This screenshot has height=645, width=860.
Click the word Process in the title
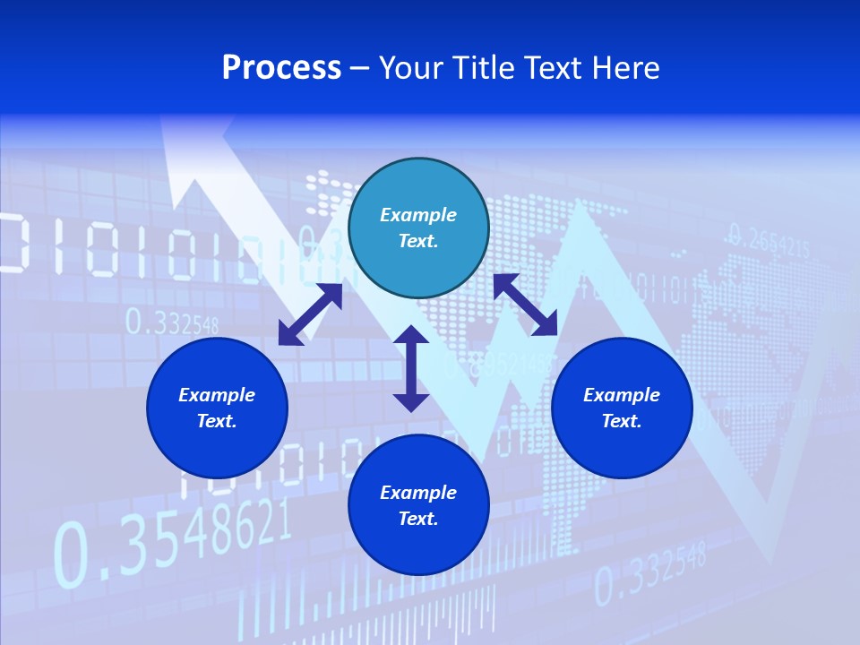pyautogui.click(x=281, y=68)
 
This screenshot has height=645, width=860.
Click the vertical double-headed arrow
pyautogui.click(x=411, y=368)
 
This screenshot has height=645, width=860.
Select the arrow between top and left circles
pyautogui.click(x=310, y=314)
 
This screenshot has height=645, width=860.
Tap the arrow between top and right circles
pyautogui.click(x=525, y=305)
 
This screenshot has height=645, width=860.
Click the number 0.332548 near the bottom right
pyautogui.click(x=650, y=574)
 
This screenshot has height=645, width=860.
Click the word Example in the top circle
pyautogui.click(x=418, y=215)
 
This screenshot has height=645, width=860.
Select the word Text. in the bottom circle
pyautogui.click(x=418, y=519)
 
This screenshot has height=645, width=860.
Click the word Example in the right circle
pyautogui.click(x=622, y=395)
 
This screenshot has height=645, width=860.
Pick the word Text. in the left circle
pyautogui.click(x=217, y=421)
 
